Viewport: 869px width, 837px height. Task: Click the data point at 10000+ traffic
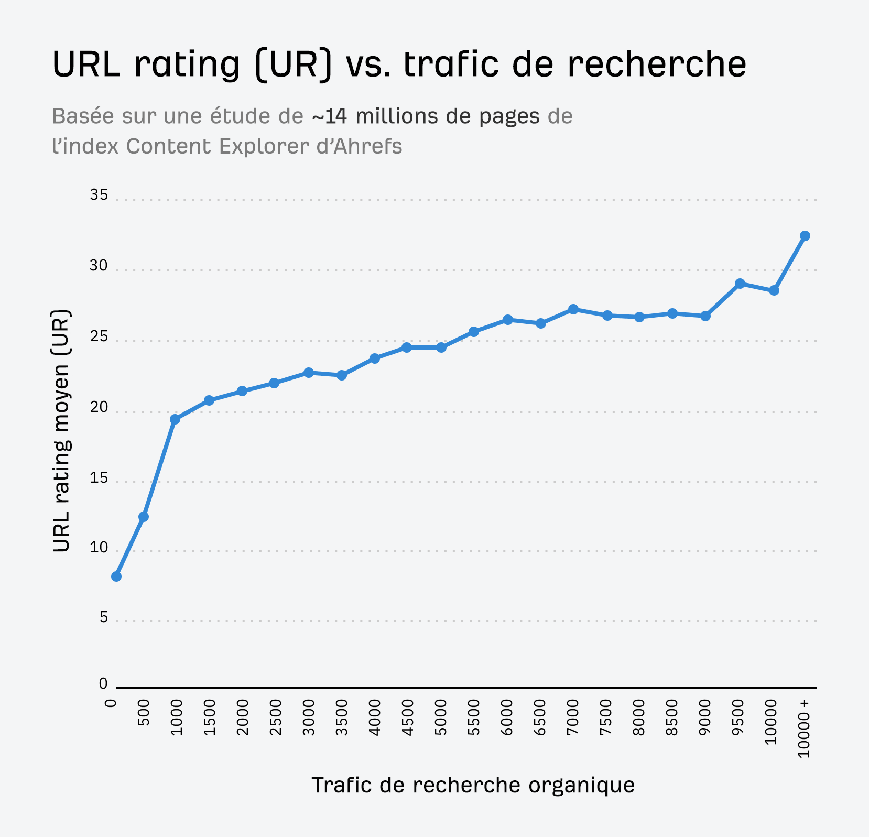coord(805,236)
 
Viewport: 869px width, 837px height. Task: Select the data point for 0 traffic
coord(116,577)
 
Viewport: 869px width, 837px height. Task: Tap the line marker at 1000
coord(175,419)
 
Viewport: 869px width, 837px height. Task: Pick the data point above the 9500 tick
coord(740,284)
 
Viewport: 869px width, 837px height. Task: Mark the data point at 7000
coord(573,309)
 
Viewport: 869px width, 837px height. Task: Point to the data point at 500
coord(144,517)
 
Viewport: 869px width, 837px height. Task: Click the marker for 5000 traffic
coord(441,347)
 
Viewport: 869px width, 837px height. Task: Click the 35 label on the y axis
coord(99,195)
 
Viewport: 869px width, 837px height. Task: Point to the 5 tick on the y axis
coord(103,617)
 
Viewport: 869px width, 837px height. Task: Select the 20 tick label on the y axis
coord(99,407)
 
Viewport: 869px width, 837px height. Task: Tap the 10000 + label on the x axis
coord(805,729)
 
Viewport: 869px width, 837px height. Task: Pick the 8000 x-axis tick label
coord(639,718)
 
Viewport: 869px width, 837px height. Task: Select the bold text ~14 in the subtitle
coord(329,116)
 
